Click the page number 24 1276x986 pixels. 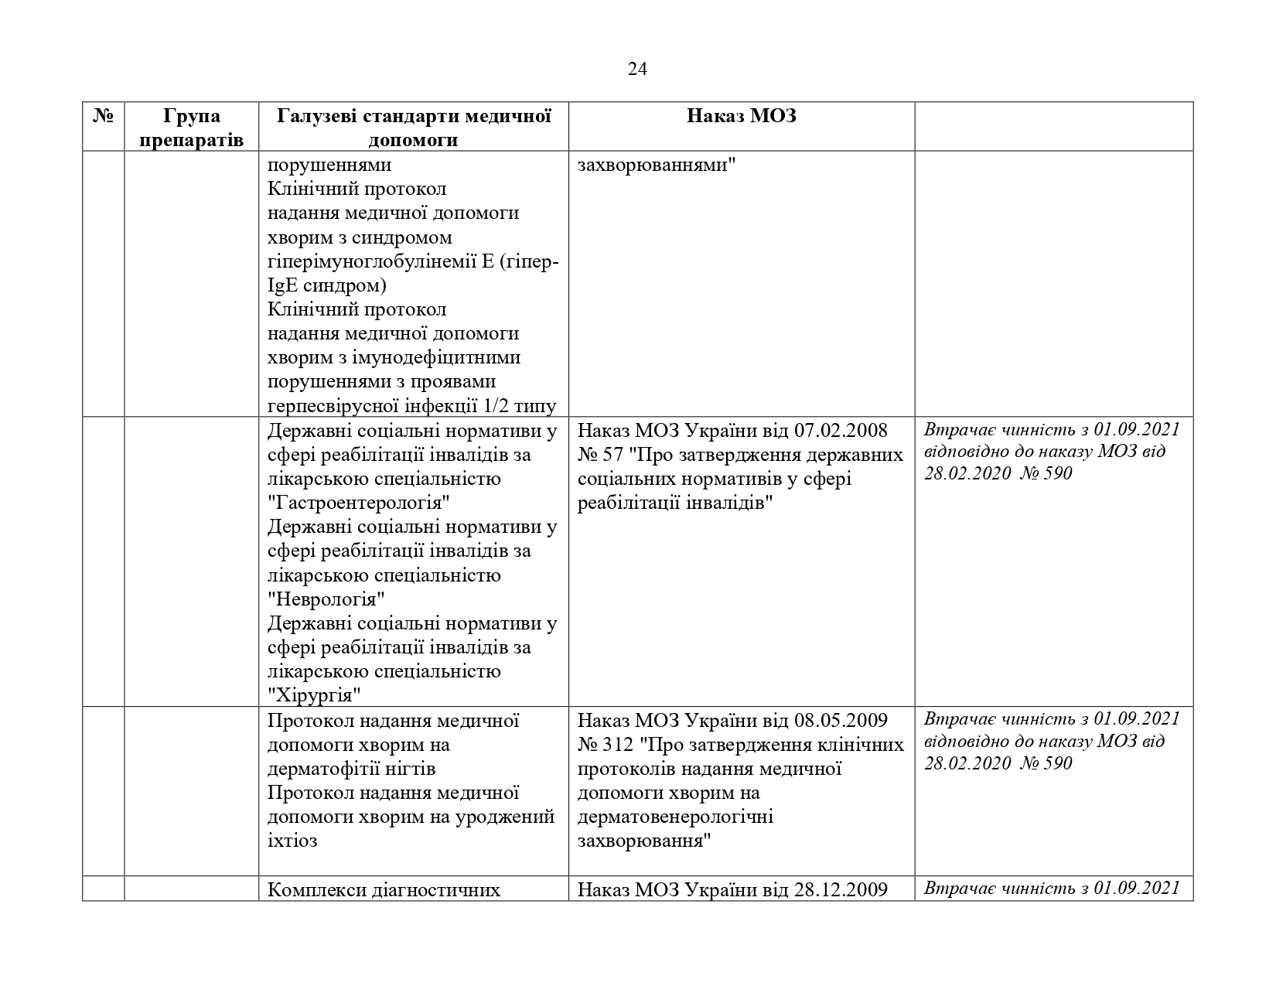637,70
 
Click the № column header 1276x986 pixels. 104,116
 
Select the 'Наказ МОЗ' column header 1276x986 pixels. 741,116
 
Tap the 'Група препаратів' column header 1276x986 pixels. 192,128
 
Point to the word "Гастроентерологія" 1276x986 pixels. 360,503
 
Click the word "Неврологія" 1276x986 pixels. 326,599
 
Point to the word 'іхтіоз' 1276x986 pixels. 292,841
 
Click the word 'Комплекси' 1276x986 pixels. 305,889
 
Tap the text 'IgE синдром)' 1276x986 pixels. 327,286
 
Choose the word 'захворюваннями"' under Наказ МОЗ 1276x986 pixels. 657,165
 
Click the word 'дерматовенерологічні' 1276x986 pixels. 675,817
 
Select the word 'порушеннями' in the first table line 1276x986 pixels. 329,165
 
